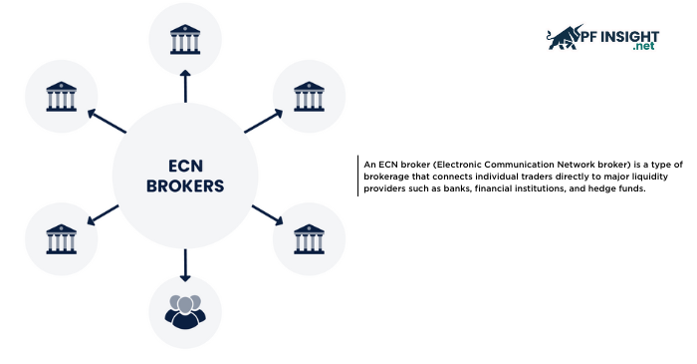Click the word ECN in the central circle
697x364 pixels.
tap(184, 166)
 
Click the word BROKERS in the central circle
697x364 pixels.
tap(184, 185)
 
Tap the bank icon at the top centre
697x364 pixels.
tap(185, 41)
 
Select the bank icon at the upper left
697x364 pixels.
tap(61, 97)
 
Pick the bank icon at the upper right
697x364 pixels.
tap(309, 96)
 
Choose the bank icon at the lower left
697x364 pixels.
tap(61, 238)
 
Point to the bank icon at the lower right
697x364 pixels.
tap(309, 238)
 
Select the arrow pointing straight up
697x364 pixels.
tap(185, 87)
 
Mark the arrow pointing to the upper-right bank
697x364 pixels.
tap(262, 122)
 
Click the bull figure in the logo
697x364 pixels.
tap(564, 37)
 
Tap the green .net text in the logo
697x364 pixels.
tap(644, 46)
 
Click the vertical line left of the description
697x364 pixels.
tap(357, 177)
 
